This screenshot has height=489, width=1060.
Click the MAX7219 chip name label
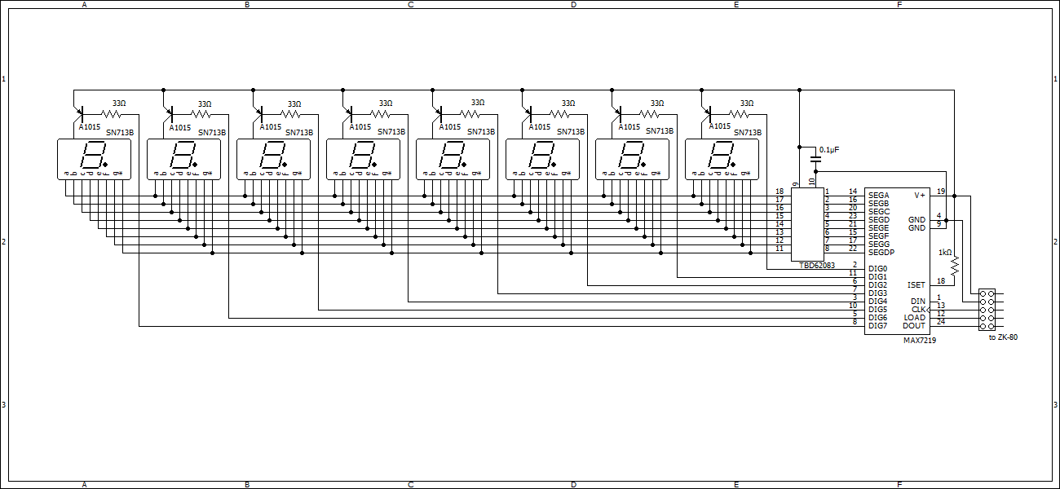click(x=919, y=341)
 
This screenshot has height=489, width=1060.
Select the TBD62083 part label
click(x=817, y=266)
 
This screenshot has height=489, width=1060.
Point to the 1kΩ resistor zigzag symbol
click(x=954, y=265)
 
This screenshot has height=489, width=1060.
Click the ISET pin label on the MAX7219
click(x=916, y=285)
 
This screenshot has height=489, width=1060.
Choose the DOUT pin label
click(x=914, y=326)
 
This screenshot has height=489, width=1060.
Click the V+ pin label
click(x=920, y=196)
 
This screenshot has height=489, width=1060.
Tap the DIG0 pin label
click(x=877, y=269)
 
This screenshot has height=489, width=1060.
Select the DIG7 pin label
click(x=877, y=326)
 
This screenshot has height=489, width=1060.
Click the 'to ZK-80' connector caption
click(x=1002, y=337)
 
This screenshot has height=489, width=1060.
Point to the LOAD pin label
click(x=914, y=318)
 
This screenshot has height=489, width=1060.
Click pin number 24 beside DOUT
click(x=940, y=322)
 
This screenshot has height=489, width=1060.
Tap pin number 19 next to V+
click(x=940, y=192)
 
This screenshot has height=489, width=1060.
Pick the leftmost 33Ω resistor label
click(x=119, y=104)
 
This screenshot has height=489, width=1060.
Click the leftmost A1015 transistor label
click(x=89, y=127)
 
